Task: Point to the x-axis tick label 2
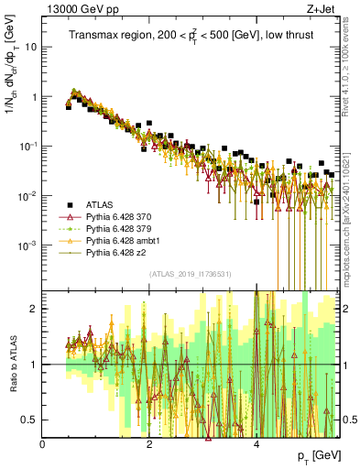tap(150, 442)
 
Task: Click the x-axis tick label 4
tap(256, 442)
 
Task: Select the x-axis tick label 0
tap(43, 442)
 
